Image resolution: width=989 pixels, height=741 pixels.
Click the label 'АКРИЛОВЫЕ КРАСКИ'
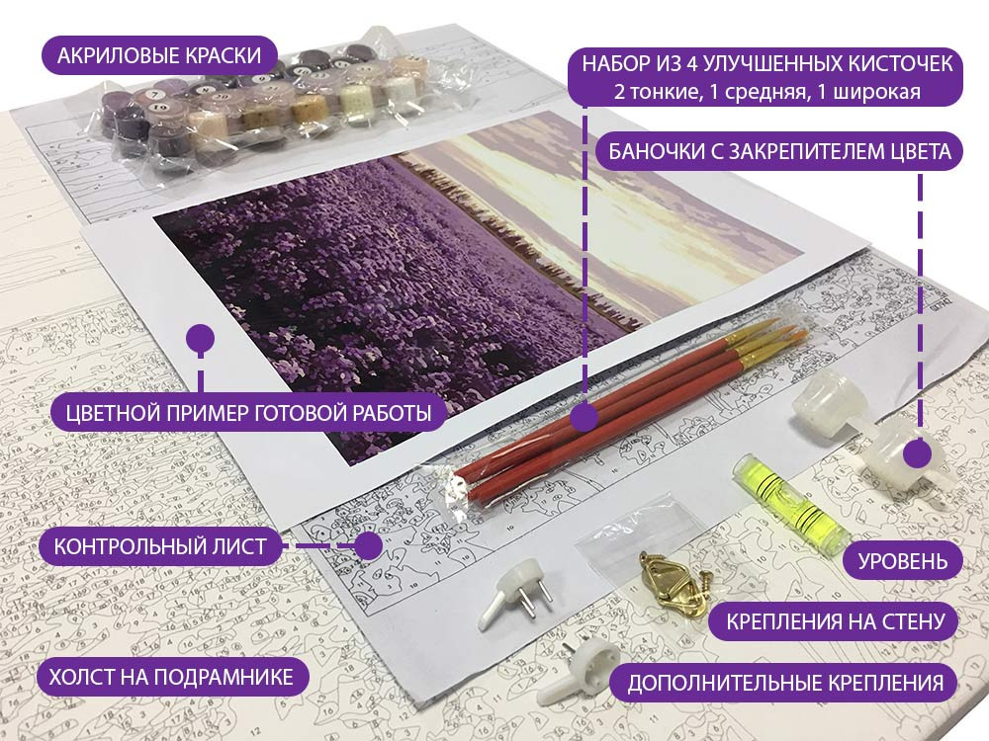(x=159, y=55)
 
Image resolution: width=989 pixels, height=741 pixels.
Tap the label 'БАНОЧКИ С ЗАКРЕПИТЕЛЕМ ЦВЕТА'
(x=779, y=151)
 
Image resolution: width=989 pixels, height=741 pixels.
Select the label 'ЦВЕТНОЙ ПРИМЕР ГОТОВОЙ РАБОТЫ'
(x=248, y=413)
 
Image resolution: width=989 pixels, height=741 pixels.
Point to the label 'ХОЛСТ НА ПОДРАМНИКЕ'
(x=171, y=677)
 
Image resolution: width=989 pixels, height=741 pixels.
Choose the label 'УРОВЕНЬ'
(x=903, y=561)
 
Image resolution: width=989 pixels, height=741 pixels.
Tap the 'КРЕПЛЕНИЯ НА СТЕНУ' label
(x=835, y=622)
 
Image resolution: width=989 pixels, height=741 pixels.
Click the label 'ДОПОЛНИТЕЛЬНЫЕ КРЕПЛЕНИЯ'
(x=785, y=683)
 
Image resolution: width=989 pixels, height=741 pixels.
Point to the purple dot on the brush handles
(x=584, y=418)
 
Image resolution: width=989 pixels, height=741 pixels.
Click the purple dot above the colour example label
(x=201, y=338)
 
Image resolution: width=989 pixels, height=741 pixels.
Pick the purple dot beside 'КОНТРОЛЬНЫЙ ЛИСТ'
(x=367, y=545)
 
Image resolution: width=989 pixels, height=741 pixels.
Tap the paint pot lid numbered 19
(x=159, y=109)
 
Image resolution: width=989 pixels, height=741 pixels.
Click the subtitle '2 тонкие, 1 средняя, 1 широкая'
(x=767, y=92)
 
